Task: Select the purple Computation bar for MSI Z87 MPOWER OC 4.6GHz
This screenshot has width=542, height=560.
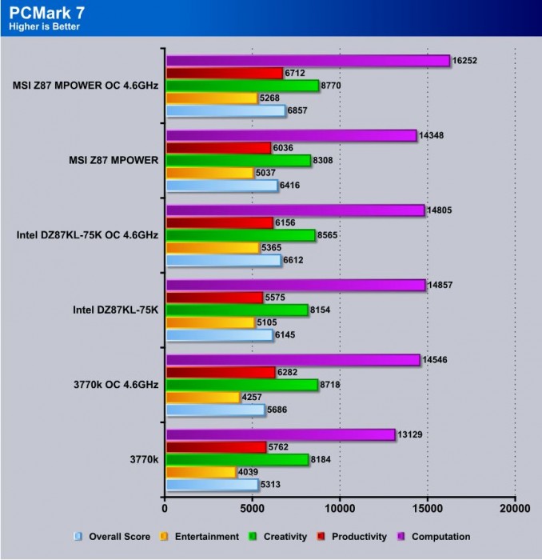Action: coord(308,60)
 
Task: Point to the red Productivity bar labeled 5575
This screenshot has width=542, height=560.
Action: coord(214,297)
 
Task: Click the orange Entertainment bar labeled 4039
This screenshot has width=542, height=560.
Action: coord(201,471)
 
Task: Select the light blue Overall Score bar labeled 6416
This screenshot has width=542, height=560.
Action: coord(221,185)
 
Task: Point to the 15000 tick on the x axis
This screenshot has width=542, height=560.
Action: coord(427,507)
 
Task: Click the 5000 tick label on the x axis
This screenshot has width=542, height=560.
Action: coord(253,507)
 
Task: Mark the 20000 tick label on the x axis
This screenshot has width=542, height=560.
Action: coord(514,507)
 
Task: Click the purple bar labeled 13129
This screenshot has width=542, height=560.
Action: coord(280,434)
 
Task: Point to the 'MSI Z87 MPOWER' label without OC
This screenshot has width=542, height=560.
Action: coord(114,160)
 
